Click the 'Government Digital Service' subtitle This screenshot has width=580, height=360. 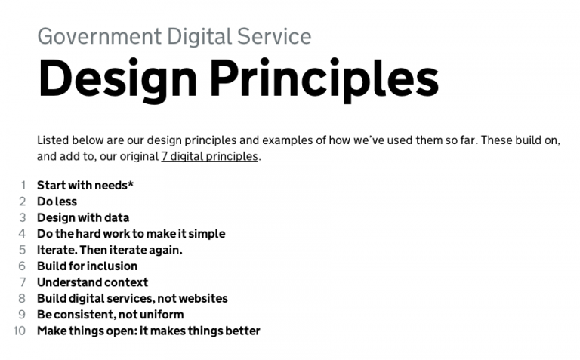174,36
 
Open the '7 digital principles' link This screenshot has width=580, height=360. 209,157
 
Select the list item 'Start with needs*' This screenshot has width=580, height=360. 85,185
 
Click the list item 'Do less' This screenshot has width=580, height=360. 57,202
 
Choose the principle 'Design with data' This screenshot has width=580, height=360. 82,217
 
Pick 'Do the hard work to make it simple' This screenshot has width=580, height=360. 131,234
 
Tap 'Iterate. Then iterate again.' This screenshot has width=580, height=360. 110,250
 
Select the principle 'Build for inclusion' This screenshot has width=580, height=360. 87,266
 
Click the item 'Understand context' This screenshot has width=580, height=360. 92,282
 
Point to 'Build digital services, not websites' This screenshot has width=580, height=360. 132,298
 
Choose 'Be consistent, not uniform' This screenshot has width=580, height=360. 110,315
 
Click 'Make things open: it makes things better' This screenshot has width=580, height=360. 148,331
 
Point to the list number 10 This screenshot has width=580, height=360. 20,331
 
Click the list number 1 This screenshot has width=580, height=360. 23,185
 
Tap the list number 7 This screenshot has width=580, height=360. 23,282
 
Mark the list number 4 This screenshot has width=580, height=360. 23,234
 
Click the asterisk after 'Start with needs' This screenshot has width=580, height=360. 131,183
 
